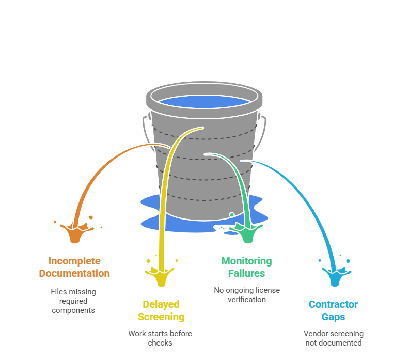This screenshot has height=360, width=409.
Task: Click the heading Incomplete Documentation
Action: tap(74, 267)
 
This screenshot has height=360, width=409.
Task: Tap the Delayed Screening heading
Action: tap(161, 310)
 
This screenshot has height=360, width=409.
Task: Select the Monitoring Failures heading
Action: tap(246, 267)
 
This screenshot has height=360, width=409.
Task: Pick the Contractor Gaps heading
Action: tap(333, 310)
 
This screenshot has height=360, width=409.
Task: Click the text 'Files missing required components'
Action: tap(73, 301)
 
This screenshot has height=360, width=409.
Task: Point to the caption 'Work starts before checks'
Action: tap(160, 338)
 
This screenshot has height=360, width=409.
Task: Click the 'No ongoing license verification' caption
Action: tap(247, 294)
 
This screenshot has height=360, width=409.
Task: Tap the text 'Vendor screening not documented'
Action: tap(333, 338)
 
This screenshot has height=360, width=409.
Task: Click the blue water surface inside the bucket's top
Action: tap(204, 101)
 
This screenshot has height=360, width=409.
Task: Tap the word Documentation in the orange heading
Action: tap(74, 273)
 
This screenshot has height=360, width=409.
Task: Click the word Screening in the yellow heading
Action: tap(161, 317)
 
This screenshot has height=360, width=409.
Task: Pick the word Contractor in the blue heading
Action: tap(333, 304)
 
